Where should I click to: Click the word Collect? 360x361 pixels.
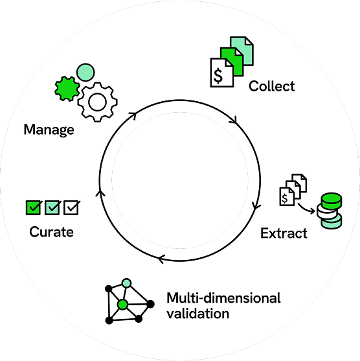pos(272,86)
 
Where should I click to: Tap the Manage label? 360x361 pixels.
pos(49,130)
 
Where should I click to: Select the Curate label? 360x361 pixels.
pos(52,232)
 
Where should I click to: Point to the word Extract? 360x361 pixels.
pos(284,233)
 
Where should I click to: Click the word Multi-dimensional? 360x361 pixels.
pos(223,298)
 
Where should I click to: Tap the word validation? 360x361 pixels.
pos(198,314)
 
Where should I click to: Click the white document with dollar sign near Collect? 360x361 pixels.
pos(222,73)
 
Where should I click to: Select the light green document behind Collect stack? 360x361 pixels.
pos(242,51)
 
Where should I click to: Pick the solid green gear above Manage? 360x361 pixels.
pos(67,89)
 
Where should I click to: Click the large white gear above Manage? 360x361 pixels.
pos(98,102)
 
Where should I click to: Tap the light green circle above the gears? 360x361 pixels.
pos(85,73)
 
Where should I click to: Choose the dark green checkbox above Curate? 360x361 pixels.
pos(34,207)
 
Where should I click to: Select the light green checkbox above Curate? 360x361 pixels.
pos(52,207)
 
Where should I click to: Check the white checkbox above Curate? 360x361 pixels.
pos(71,207)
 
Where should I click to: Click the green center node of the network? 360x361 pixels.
pos(122,305)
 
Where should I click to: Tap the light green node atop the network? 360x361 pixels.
pos(126,283)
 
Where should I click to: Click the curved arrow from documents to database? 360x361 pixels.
pos(306,208)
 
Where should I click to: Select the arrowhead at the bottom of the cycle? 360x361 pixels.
pos(161,259)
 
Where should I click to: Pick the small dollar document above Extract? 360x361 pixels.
pos(287,196)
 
